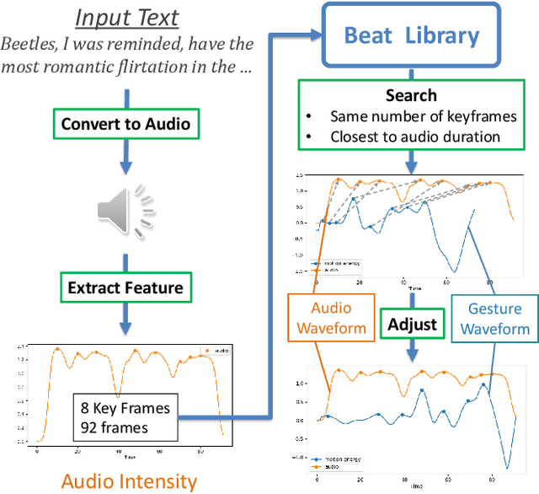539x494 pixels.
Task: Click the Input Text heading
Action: point(126,17)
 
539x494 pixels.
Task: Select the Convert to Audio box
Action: point(125,125)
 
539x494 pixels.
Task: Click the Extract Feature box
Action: point(125,287)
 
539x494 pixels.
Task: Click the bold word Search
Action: point(411,95)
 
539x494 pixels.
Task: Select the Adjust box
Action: point(413,324)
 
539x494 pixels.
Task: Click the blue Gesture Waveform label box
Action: point(494,318)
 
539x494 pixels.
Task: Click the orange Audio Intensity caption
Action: point(129,481)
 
